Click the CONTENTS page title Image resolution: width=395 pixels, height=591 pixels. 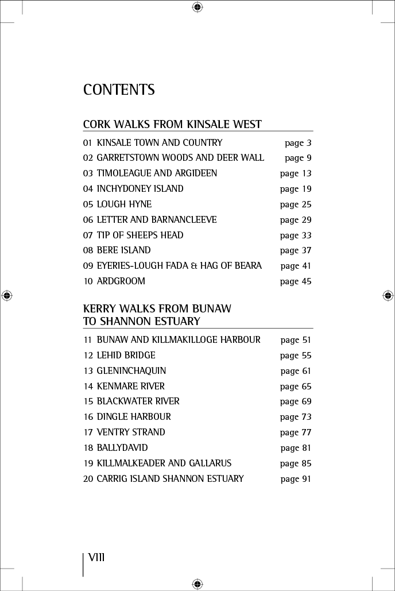[119, 90]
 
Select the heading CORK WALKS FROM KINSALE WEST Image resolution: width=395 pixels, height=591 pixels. [172, 124]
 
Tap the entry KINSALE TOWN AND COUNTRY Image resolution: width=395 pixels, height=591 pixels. [159, 142]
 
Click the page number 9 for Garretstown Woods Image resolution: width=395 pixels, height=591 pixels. [298, 158]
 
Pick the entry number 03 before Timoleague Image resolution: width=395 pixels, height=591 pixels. [88, 173]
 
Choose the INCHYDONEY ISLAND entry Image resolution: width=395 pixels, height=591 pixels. [140, 189]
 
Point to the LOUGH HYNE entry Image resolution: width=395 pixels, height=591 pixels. [124, 204]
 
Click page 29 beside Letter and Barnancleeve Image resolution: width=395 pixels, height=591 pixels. [296, 220]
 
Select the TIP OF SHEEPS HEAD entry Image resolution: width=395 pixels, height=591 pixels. [140, 235]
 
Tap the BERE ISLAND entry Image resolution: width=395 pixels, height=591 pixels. [123, 250]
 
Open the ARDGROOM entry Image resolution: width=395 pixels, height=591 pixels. [121, 281]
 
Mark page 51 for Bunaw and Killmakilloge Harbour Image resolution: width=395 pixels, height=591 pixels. [296, 340]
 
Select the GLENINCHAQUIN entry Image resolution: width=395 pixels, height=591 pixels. [131, 371]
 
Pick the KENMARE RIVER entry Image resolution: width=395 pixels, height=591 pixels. [130, 387]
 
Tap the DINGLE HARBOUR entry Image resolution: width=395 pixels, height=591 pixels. [134, 417]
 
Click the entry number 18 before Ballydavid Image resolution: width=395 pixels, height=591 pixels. [88, 448]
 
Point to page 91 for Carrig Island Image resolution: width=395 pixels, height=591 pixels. [296, 479]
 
